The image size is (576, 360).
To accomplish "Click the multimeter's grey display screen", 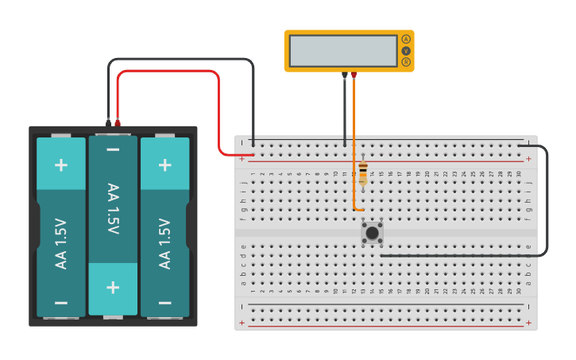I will (343, 51).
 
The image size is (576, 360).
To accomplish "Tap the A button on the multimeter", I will (406, 39).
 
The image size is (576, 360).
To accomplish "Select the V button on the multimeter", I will (406, 51).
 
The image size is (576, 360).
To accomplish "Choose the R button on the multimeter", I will (406, 62).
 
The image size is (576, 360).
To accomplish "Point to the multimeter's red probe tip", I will (354, 75).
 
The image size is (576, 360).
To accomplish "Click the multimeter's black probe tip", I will (344, 75).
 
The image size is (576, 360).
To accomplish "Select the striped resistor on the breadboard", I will (363, 172).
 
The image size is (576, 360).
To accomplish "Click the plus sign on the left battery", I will (61, 165).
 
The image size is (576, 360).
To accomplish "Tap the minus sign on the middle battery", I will (113, 149).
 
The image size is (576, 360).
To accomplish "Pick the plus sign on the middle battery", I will (113, 286).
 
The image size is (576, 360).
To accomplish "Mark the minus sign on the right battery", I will (164, 303).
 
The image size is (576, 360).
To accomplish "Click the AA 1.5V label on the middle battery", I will (113, 209).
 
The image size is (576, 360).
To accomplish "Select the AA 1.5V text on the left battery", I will (61, 243).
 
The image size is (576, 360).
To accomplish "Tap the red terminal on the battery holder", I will (118, 122).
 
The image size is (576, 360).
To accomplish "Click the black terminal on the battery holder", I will (108, 122).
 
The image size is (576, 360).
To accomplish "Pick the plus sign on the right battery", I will (164, 165).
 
